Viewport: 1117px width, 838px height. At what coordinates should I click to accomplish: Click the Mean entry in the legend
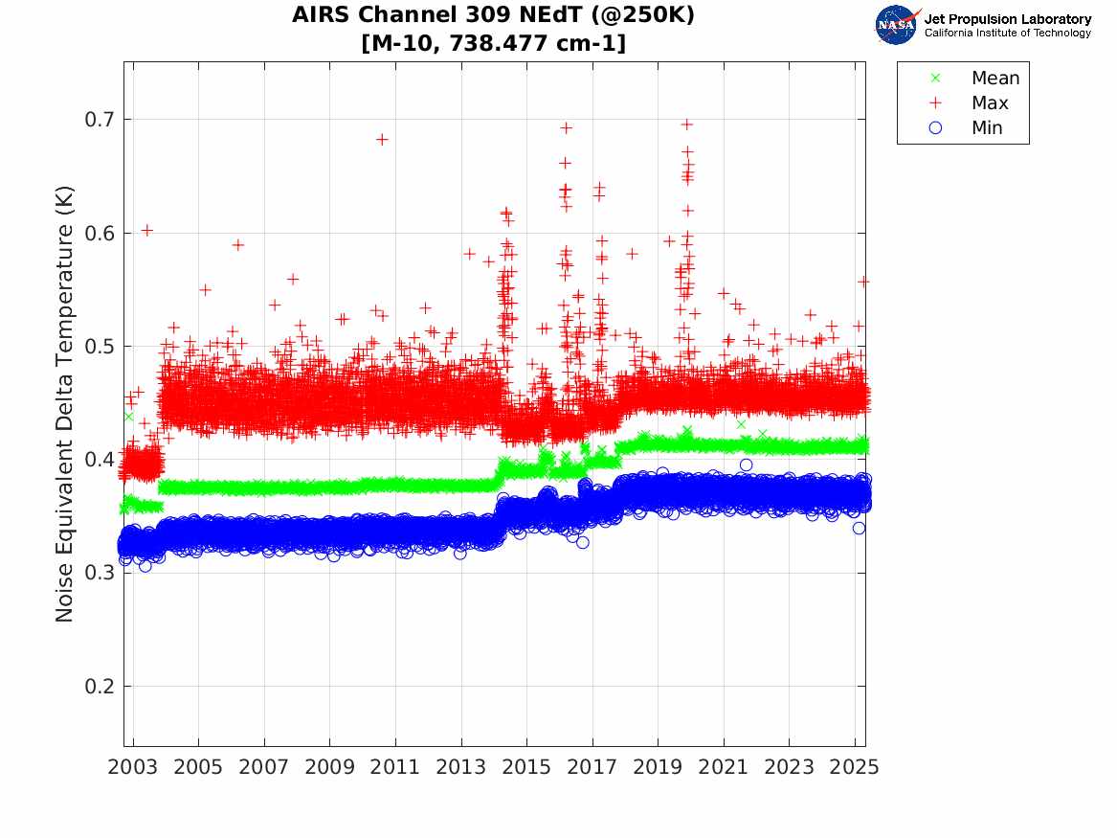994,79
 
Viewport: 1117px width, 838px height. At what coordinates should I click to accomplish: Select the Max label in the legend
989,102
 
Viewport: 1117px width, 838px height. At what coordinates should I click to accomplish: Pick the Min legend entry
987,127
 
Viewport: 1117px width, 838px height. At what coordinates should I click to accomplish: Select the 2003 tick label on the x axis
133,767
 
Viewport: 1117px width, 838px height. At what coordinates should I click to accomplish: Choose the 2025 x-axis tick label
855,767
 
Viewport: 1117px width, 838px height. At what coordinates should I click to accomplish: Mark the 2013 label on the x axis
461,767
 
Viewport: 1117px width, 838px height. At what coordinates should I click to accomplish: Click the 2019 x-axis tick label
659,767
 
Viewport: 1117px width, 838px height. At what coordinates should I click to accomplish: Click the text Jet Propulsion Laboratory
1007,19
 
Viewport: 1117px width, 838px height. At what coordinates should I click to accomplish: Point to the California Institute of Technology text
1007,34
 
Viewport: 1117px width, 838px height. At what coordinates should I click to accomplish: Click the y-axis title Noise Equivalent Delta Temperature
65,423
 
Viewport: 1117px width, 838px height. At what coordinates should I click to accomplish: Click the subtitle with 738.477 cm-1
494,43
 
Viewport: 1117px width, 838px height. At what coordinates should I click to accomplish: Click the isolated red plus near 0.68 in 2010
382,139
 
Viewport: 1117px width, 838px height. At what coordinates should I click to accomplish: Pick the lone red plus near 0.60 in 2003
146,230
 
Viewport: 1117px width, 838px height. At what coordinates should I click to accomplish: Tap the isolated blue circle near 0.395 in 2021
746,464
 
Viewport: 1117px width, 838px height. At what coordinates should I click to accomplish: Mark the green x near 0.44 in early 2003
128,417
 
